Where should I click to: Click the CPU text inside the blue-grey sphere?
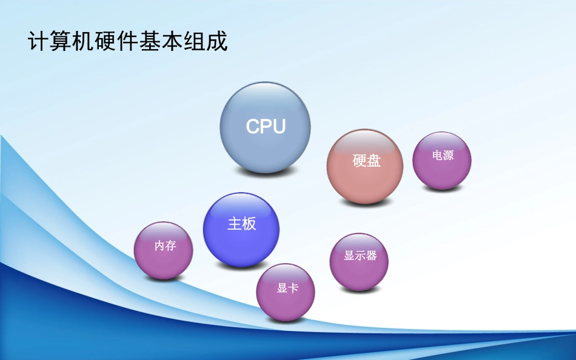point(266,126)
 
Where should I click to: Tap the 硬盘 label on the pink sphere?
point(367,161)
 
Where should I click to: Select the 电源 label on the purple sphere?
point(443,155)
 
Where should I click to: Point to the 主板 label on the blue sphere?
point(242,224)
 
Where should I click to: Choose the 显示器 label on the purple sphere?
point(360,256)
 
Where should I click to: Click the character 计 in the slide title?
point(38,42)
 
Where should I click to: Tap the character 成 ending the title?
point(218,42)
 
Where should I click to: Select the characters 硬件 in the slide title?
point(117,42)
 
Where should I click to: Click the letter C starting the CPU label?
point(253,126)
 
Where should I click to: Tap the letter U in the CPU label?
point(278,126)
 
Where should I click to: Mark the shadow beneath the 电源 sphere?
point(442,189)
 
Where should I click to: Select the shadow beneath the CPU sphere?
point(265,172)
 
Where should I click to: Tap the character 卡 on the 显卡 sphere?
point(293,288)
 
